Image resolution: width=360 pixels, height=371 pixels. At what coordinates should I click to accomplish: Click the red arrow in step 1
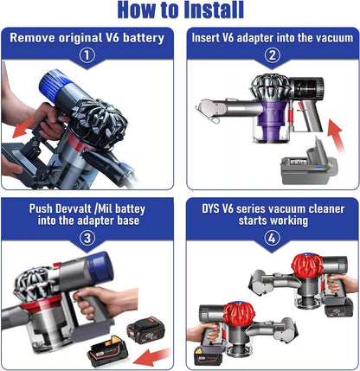(x=30, y=128)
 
